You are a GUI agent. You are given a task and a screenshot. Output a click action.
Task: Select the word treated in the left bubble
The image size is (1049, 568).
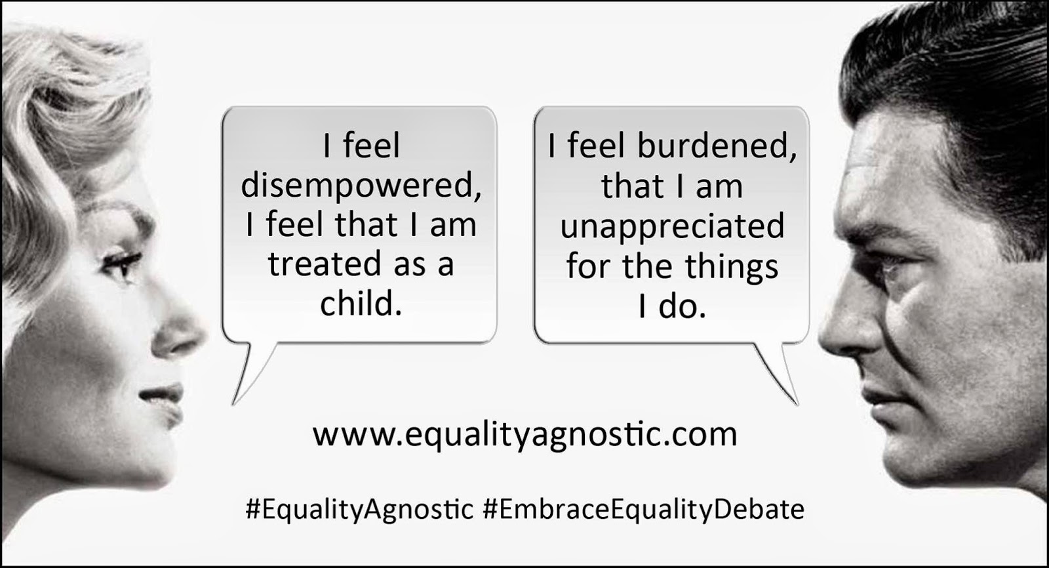tap(325, 264)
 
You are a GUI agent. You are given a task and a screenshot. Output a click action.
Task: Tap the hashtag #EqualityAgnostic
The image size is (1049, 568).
tap(359, 510)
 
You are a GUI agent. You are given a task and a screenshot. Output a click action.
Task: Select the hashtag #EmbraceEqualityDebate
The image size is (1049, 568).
tap(643, 510)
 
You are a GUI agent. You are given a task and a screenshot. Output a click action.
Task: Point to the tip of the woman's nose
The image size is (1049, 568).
tap(205, 334)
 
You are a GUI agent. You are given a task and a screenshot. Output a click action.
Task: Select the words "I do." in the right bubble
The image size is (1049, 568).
tap(672, 307)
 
